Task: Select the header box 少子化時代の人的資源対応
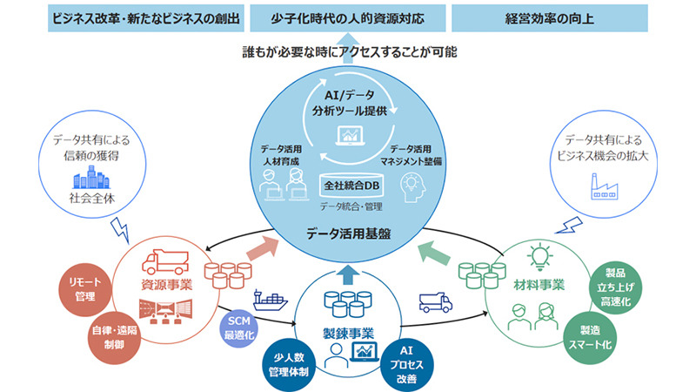click(x=348, y=17)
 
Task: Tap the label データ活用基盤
click(x=348, y=233)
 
